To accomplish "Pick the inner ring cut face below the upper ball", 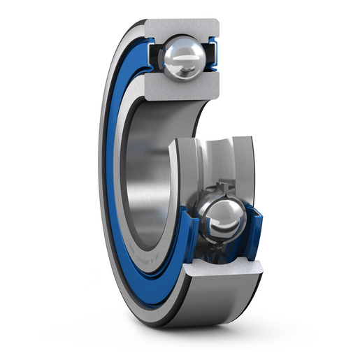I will (x=182, y=87).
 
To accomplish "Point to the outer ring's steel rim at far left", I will (x=102, y=175).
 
